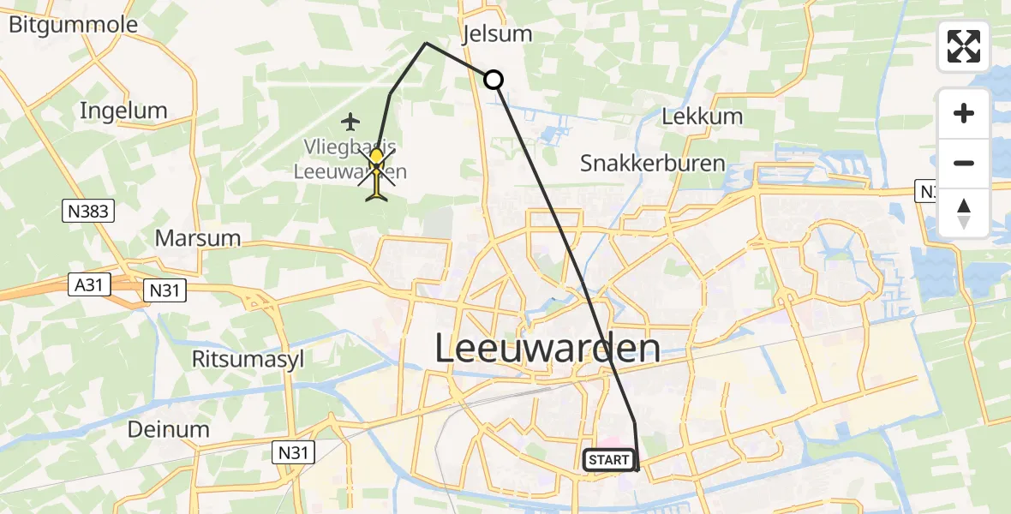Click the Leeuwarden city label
click(x=547, y=349)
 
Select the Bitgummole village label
click(x=73, y=24)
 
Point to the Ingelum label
click(x=123, y=111)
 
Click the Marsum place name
click(x=197, y=237)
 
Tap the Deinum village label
click(x=168, y=429)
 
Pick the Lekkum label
click(x=701, y=117)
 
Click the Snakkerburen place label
click(x=652, y=163)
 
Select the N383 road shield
click(x=89, y=210)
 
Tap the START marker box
click(x=608, y=460)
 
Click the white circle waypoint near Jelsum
click(x=494, y=81)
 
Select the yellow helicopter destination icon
click(x=377, y=171)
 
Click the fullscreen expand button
click(x=963, y=46)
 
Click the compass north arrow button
click(x=963, y=213)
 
